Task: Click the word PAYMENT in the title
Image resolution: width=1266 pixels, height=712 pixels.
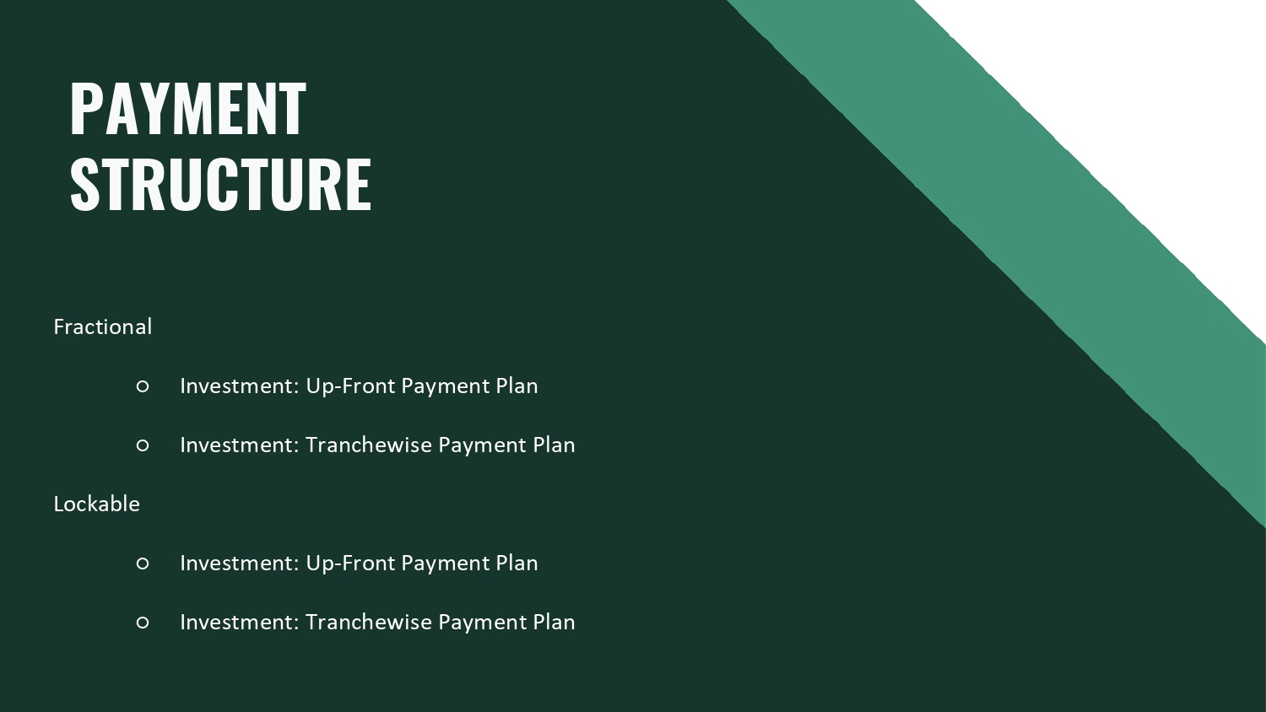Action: click(x=188, y=109)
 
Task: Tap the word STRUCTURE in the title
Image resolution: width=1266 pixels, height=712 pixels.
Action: click(x=221, y=184)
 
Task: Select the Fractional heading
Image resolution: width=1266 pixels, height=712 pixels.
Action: click(x=103, y=326)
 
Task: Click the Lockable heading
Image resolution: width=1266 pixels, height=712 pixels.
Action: click(x=97, y=504)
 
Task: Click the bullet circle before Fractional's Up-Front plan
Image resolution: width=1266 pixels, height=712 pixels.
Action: click(x=143, y=386)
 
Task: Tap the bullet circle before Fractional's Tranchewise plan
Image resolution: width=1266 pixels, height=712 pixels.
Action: click(x=143, y=445)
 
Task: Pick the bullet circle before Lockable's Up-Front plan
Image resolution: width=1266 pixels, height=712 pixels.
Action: click(x=143, y=564)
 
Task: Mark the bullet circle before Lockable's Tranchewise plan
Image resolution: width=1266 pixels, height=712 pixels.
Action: click(x=143, y=623)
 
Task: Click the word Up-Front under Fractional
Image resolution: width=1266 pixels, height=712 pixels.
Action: click(x=350, y=386)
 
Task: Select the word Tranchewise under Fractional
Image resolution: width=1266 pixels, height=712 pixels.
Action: click(x=369, y=445)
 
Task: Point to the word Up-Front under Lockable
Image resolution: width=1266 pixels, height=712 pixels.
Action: click(x=350, y=564)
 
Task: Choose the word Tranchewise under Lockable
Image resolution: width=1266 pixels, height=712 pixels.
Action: click(x=369, y=622)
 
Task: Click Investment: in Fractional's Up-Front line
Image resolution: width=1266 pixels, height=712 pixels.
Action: click(x=240, y=386)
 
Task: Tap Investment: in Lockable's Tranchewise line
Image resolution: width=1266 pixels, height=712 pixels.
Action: click(x=240, y=622)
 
